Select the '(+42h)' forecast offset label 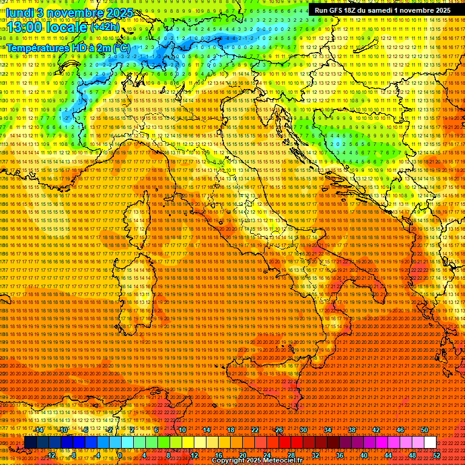pos(104,27)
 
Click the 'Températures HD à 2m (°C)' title pos(68,48)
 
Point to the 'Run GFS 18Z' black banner pos(383,10)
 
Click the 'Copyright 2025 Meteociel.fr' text pos(261,461)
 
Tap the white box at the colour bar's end pos(430,443)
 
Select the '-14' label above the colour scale pos(38,430)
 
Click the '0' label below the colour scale pos(120,455)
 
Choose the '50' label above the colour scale pos(424,430)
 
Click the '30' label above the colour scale pos(303,430)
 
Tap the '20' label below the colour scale pos(243,455)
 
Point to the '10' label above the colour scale pos(182,430)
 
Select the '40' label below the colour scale pos(364,455)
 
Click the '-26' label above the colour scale pos(279,430)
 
